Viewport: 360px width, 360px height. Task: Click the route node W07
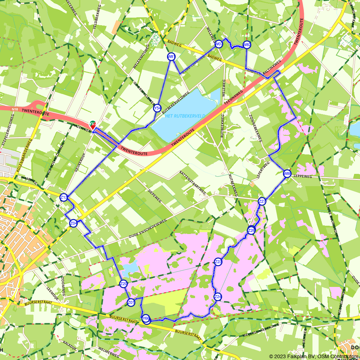(219, 44)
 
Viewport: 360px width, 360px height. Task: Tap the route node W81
(171, 57)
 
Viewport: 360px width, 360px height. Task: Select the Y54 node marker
(157, 108)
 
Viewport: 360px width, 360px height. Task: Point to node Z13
(64, 197)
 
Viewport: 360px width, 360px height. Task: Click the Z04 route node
(73, 223)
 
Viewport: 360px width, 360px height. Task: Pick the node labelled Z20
(123, 284)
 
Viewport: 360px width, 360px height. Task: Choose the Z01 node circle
(131, 303)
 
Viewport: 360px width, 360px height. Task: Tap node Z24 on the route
(218, 297)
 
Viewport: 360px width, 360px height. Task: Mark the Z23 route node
(218, 262)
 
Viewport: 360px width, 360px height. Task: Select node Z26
(251, 230)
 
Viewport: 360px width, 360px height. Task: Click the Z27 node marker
(262, 201)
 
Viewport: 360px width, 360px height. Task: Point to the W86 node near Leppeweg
(287, 174)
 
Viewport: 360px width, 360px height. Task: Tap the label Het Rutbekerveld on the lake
(185, 116)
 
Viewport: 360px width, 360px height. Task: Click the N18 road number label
(15, 109)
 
